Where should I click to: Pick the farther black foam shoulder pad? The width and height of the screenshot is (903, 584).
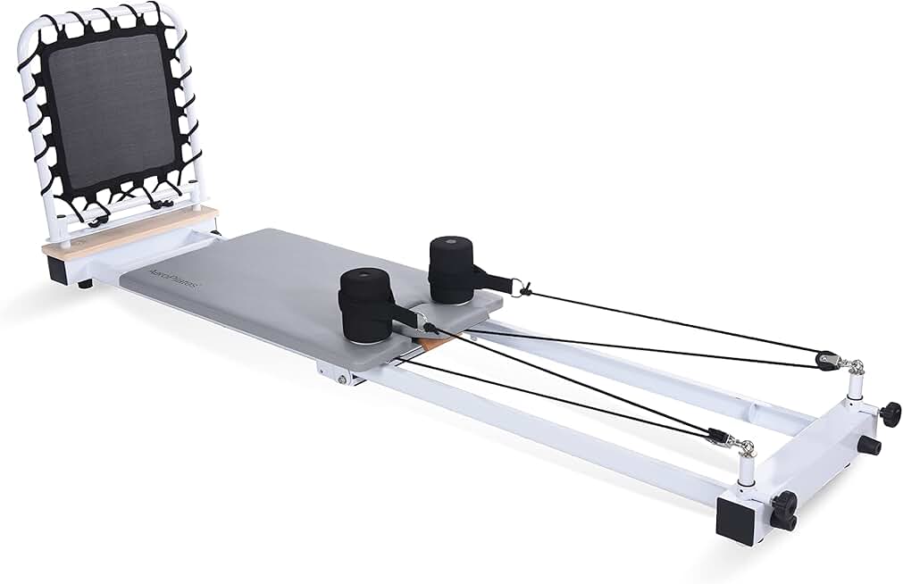[454, 268]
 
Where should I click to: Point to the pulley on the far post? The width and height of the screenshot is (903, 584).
[830, 358]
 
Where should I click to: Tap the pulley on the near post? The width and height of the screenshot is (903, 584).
[718, 438]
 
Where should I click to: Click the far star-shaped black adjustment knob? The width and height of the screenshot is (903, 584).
[890, 413]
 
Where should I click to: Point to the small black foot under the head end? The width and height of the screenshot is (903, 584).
[85, 284]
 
